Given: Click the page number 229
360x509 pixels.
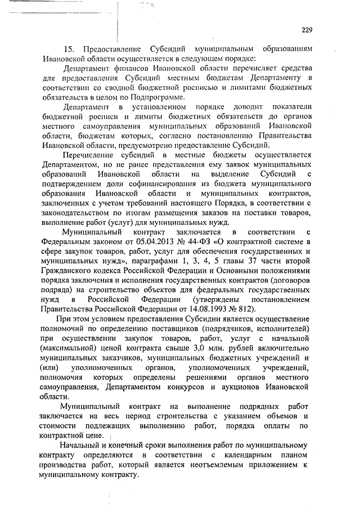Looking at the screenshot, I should point(307,30).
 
